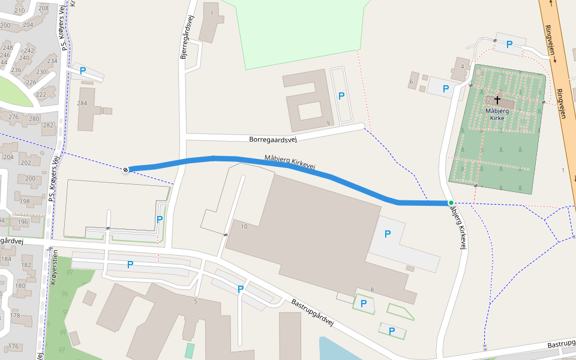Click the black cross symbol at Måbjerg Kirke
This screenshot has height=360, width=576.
[x=497, y=99]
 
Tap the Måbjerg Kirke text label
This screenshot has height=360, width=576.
[x=497, y=114]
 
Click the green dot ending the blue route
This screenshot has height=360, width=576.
[x=451, y=203]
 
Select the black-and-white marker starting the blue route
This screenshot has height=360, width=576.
[x=126, y=170]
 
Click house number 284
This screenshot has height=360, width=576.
[x=82, y=103]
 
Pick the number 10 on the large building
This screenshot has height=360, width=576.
[x=244, y=226]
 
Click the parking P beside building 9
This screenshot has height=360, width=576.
[x=341, y=95]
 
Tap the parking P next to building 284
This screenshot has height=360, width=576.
[x=83, y=70]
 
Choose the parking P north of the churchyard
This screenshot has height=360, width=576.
[x=509, y=44]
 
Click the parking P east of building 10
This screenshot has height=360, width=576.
[x=387, y=233]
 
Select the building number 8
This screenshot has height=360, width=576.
[x=372, y=290]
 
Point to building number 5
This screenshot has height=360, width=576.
[x=195, y=301]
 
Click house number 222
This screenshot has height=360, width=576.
[x=41, y=94]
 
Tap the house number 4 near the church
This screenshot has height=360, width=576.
[x=462, y=65]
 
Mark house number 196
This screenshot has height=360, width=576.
[x=23, y=222]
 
